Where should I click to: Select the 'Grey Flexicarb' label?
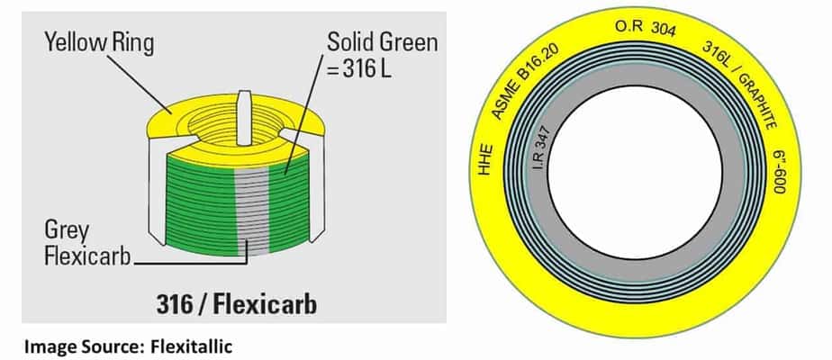pyautogui.click(x=83, y=242)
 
